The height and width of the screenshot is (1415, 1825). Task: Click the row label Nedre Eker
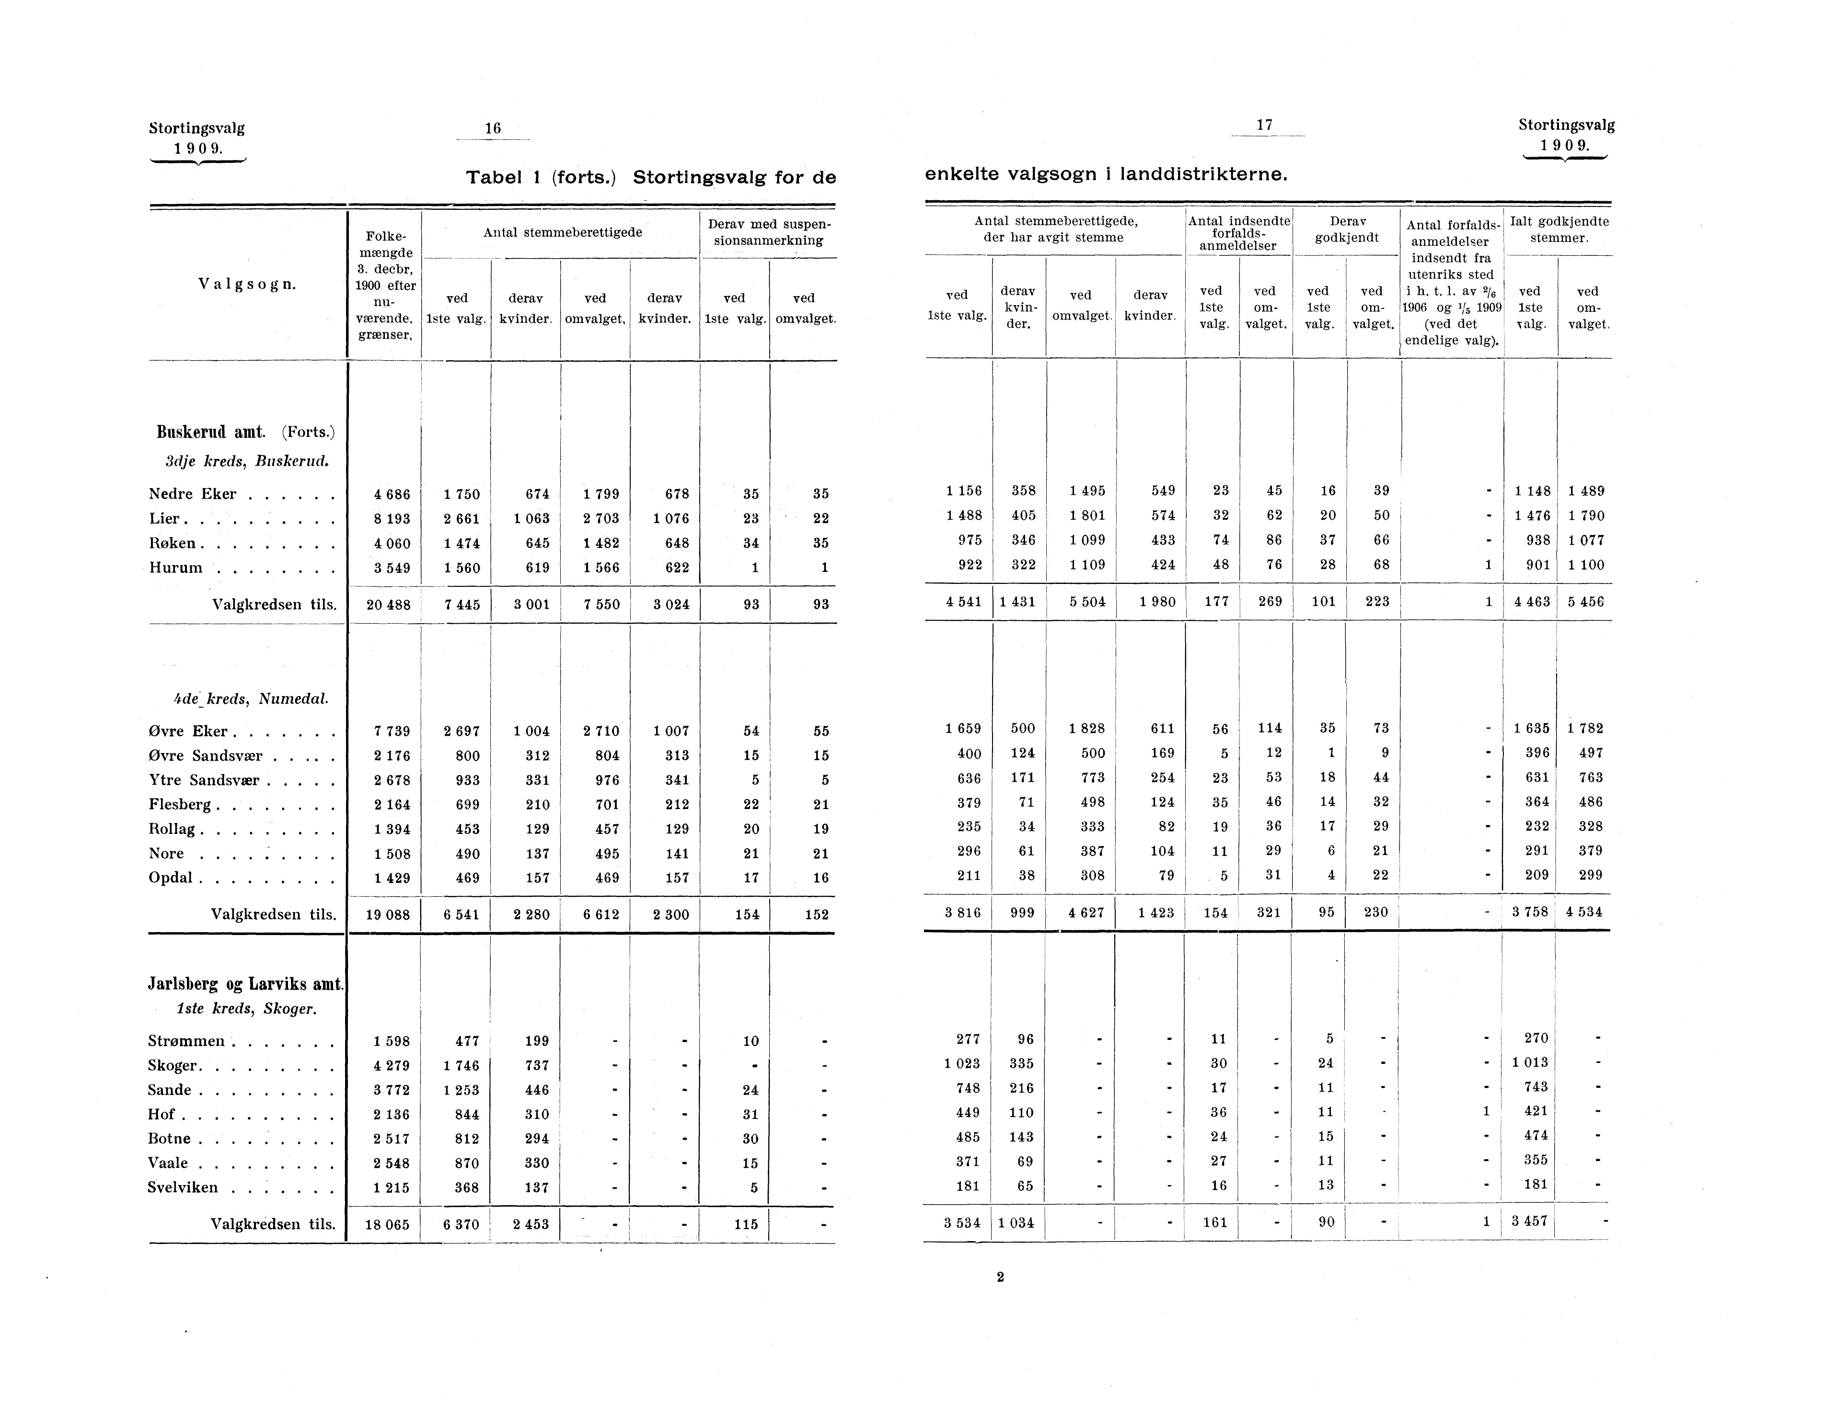192,494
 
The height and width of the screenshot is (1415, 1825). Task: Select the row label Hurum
175,568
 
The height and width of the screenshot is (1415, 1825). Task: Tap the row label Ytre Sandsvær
204,780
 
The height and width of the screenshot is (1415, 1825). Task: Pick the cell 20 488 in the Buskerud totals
389,605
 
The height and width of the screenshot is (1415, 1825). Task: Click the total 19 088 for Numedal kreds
389,914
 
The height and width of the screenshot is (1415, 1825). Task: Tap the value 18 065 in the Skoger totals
389,1224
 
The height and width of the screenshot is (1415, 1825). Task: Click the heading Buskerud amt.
210,432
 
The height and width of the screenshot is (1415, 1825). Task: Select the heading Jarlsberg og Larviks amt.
246,984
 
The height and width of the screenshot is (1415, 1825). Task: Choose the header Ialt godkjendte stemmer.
1559,230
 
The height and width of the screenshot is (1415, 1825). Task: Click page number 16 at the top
492,128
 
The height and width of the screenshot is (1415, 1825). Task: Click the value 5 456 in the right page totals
1585,602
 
